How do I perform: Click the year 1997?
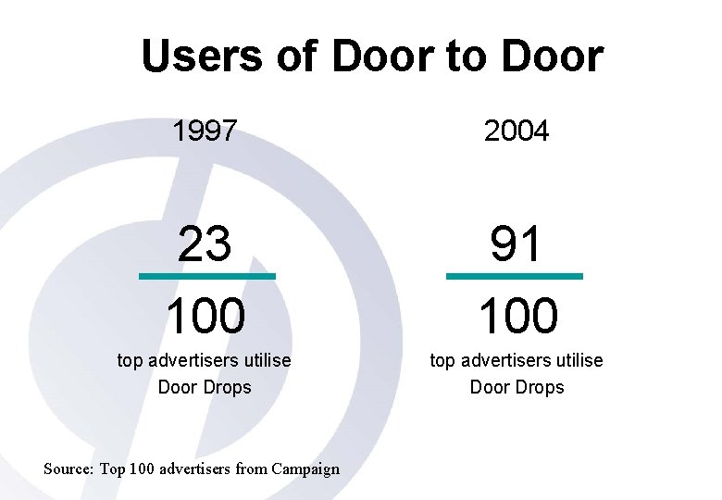coord(204,131)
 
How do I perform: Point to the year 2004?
coord(517,131)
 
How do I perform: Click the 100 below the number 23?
coord(205,316)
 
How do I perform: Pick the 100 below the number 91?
coord(517,316)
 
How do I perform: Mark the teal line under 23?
coord(206,276)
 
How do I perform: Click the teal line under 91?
coord(515,276)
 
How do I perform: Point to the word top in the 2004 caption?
coord(442,360)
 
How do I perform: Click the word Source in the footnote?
coord(68,469)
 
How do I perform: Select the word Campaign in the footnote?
coord(305,469)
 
